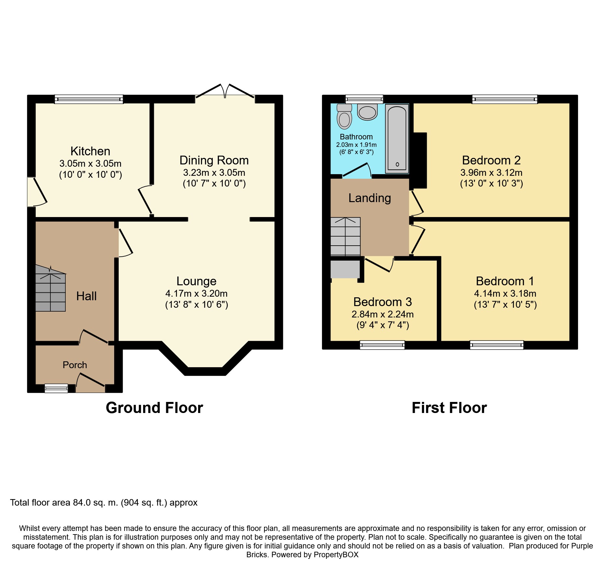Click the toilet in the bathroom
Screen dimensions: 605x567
344,116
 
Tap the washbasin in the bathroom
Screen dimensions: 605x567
367,112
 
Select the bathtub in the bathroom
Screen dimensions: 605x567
397,139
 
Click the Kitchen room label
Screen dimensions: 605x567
90,151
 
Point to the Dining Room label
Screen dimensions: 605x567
214,160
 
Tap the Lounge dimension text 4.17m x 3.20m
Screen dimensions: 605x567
196,293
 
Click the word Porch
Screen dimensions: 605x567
75,365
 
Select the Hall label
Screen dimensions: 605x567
87,296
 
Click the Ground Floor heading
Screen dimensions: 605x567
155,408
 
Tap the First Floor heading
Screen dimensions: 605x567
449,408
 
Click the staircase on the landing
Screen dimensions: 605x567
345,236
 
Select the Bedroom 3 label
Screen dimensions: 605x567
383,302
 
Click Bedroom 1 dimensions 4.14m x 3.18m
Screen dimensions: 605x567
505,293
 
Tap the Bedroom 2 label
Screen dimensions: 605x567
491,160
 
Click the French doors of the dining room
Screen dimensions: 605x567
225,91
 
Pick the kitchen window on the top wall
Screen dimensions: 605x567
89,99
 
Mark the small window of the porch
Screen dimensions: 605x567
56,388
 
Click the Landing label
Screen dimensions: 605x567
370,198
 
